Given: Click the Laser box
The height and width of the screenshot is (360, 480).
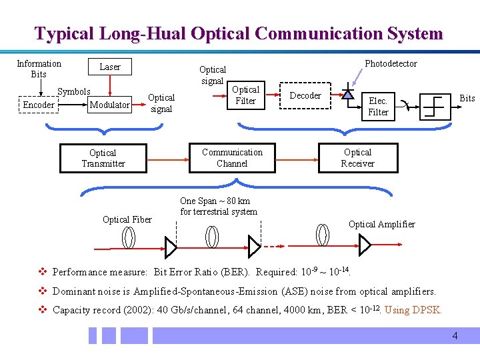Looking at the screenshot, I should (110, 67).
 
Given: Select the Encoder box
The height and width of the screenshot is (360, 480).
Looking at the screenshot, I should (39, 105).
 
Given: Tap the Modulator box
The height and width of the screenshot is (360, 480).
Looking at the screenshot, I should (109, 105).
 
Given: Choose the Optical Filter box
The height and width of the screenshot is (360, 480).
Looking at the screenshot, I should (245, 95).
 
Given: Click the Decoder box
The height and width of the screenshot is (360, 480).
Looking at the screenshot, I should (306, 95).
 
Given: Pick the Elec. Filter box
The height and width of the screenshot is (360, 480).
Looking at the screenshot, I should (378, 107).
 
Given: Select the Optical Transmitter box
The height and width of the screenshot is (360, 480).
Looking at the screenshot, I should (103, 158).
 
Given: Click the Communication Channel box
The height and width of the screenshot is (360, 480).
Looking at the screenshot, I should (232, 158).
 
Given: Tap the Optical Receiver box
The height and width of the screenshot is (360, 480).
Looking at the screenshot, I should (358, 158).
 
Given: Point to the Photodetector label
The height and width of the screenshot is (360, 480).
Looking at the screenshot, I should (391, 64).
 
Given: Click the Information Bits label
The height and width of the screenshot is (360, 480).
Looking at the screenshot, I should (39, 69).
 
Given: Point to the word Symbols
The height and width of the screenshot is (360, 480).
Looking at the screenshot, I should (73, 91).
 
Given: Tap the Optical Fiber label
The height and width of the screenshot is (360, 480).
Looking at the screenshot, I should (127, 219).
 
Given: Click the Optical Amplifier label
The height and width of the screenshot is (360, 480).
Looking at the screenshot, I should (381, 224).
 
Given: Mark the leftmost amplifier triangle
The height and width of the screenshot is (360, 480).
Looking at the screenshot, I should (171, 247).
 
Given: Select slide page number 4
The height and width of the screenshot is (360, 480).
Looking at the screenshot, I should (455, 336).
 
